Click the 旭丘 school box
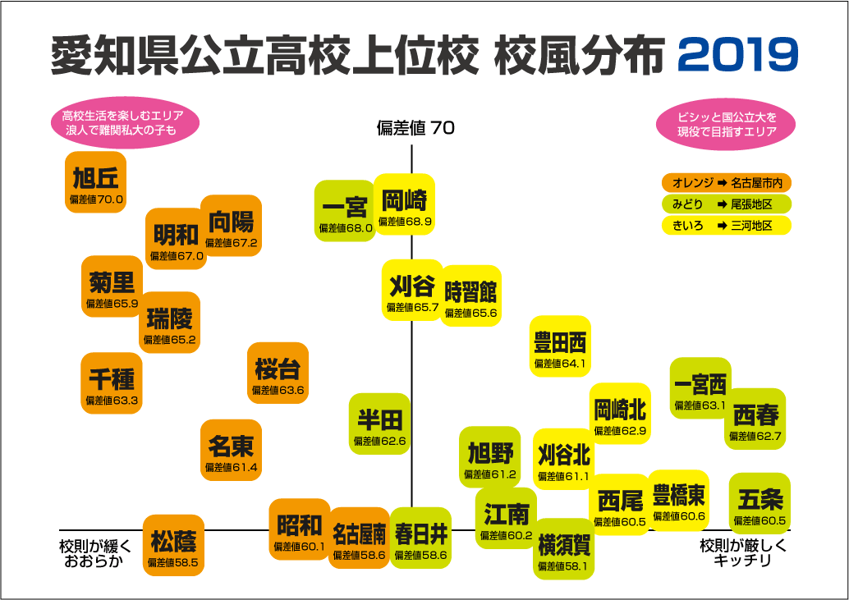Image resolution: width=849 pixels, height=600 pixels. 96,182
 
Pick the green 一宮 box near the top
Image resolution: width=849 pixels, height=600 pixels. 344,211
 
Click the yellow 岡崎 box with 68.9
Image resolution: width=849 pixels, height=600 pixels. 405,205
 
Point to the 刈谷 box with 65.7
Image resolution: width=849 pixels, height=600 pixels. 411,291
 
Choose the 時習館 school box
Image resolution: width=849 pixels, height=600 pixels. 471,295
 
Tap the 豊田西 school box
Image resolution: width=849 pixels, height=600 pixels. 560,346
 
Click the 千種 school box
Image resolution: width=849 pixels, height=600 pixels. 111,383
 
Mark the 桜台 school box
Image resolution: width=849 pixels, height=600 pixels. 278,373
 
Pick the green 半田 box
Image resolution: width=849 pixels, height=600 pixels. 379,424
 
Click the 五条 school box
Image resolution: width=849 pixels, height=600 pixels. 760,504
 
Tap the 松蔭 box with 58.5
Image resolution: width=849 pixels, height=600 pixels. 173,546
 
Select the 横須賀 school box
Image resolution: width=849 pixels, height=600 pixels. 563,549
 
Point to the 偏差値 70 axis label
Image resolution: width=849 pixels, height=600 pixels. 415,128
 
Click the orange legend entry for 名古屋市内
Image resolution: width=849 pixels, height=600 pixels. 727,182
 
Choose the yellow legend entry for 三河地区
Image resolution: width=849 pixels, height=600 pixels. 727,226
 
